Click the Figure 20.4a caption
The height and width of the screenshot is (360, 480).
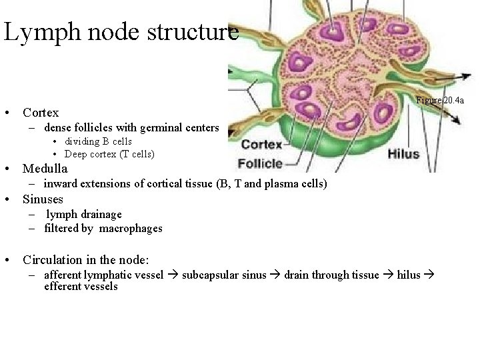[x=439, y=101]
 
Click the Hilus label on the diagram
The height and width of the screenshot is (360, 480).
[x=403, y=154]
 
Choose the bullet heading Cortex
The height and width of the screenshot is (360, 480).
[x=41, y=113]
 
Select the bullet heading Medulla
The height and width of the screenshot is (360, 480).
[x=45, y=169]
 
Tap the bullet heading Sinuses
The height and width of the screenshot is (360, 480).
[x=43, y=199]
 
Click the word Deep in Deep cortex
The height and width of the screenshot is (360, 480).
[x=75, y=154]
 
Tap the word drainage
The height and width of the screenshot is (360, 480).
[x=100, y=214]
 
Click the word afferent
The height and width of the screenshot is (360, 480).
[x=63, y=275]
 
